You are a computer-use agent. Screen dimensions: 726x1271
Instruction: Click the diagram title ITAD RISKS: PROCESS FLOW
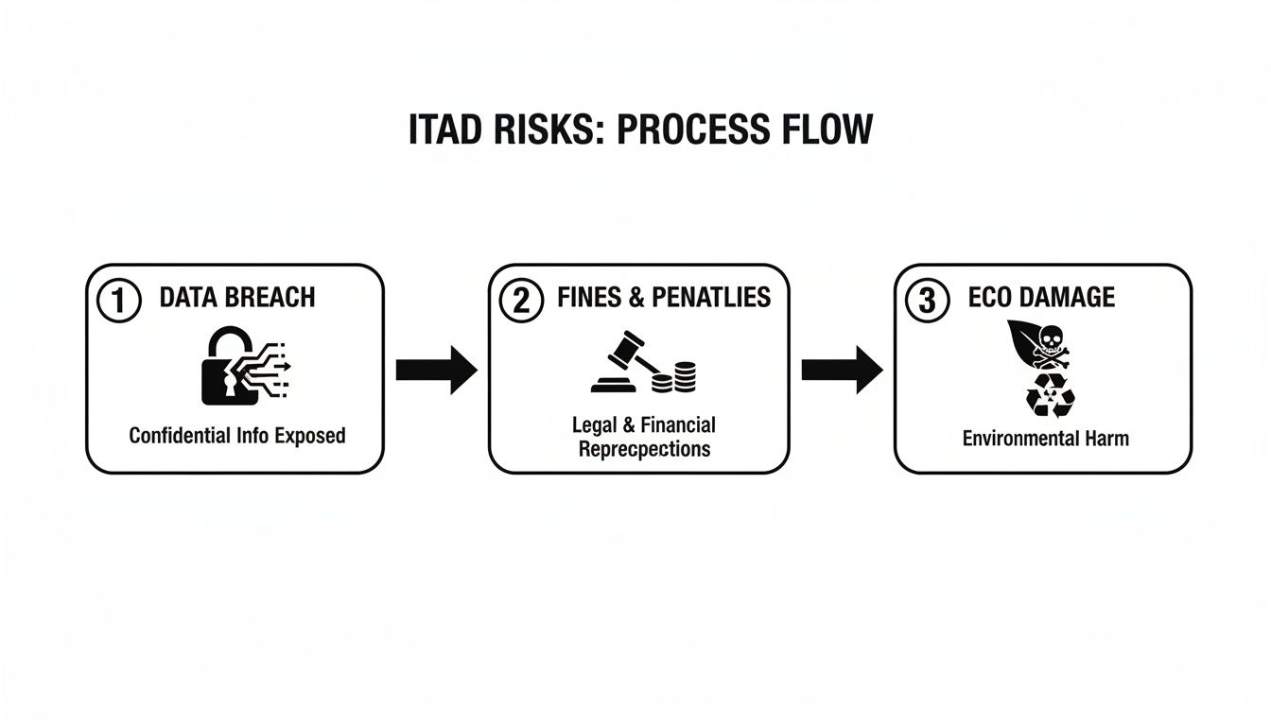(x=640, y=130)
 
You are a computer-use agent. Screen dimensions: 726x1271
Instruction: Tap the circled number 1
(x=119, y=302)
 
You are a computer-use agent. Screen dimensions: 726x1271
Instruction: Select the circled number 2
(x=522, y=302)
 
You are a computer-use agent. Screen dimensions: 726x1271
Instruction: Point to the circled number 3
(x=928, y=302)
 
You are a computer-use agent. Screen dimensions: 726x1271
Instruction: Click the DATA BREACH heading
(x=236, y=298)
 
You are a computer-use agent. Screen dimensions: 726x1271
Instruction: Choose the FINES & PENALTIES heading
(x=664, y=298)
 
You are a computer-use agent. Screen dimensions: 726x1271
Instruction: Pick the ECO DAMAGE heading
(x=1041, y=298)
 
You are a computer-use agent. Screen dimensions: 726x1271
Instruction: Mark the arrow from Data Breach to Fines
(x=436, y=369)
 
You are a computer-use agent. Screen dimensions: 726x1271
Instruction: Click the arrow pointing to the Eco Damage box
(x=842, y=369)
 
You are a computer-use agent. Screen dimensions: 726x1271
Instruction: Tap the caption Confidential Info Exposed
(x=236, y=436)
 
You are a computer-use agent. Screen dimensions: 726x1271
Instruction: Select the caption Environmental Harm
(x=1045, y=439)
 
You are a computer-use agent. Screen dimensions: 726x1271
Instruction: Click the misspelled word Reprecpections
(x=644, y=449)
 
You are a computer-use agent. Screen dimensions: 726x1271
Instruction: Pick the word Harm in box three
(x=1107, y=439)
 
